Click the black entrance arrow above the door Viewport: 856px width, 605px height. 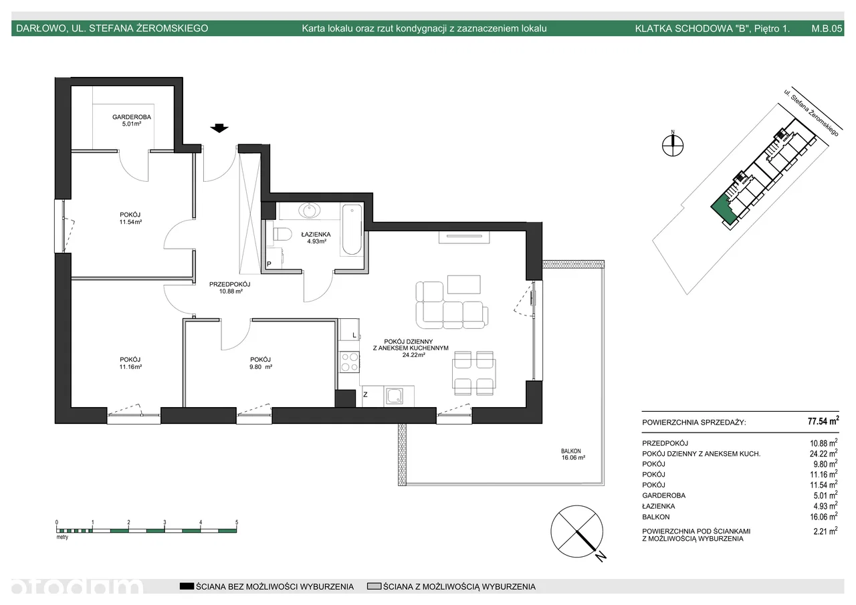(x=219, y=128)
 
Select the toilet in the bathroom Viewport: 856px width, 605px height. (x=282, y=234)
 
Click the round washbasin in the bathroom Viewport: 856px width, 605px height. (x=310, y=210)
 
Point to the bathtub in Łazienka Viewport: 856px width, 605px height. (x=352, y=230)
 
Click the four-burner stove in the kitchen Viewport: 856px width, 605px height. (x=349, y=362)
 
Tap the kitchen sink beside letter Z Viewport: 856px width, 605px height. (x=395, y=396)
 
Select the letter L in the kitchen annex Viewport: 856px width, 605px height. (x=354, y=336)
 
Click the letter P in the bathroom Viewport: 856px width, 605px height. (x=269, y=264)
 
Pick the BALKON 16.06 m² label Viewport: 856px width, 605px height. (x=573, y=455)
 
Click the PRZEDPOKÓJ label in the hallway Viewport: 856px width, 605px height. (x=229, y=284)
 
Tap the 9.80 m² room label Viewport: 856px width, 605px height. (x=261, y=366)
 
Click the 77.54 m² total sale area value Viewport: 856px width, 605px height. (x=823, y=421)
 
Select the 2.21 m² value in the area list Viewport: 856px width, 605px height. (x=825, y=531)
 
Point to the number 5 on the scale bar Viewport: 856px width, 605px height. (x=237, y=522)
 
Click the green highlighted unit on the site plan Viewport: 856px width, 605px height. (x=722, y=211)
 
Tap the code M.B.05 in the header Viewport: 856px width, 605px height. (x=827, y=28)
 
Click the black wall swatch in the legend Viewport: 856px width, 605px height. (x=187, y=586)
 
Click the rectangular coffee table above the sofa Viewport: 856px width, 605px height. (x=464, y=285)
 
